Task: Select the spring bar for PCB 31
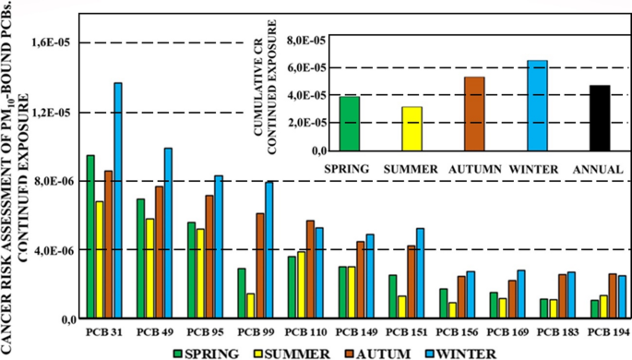tap(90, 236)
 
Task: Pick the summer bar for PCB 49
tap(149, 268)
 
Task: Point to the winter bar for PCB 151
tap(420, 272)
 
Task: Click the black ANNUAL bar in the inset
tap(600, 117)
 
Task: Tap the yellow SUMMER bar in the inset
tap(411, 128)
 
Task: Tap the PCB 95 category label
tap(204, 330)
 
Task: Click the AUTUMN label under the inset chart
tap(474, 169)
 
